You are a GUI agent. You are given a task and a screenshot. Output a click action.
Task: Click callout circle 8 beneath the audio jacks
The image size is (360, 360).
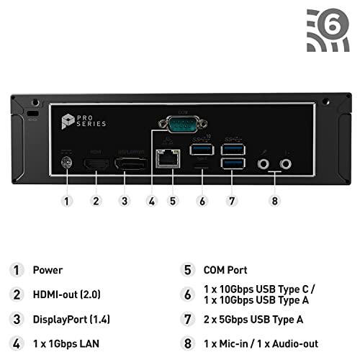274,201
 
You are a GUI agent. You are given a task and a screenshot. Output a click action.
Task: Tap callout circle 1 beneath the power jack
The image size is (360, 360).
67,201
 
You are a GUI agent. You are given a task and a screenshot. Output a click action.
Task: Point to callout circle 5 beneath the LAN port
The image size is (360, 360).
171,201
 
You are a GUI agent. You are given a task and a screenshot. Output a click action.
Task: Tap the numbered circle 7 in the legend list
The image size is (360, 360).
188,318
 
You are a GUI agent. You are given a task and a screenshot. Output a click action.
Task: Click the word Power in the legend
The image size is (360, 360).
48,270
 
